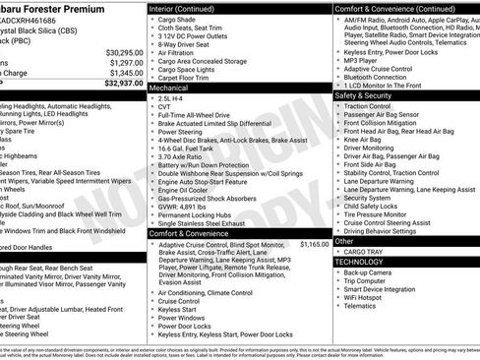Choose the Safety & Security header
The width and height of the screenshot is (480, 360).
(x=364, y=95)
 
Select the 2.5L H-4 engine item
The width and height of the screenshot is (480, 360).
(x=174, y=99)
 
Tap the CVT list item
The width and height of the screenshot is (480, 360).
(x=166, y=108)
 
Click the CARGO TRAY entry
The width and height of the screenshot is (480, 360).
(x=362, y=251)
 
